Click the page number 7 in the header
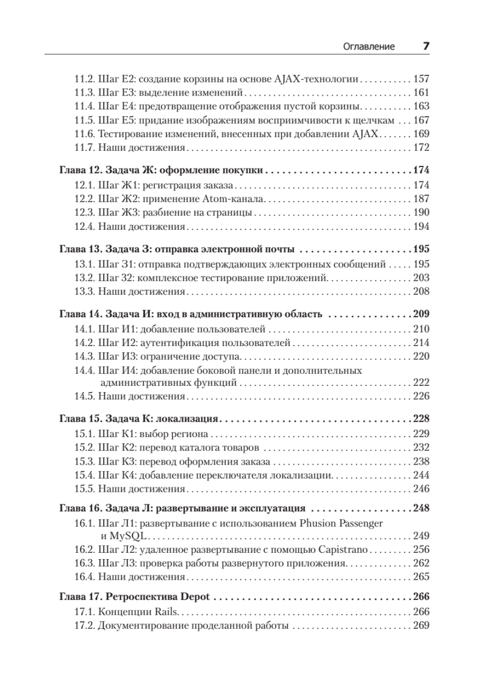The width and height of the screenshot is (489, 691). tap(426, 47)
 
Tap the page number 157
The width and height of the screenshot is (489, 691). tap(422, 79)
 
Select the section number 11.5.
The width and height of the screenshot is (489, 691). tap(85, 120)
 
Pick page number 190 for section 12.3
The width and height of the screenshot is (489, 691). tap(422, 212)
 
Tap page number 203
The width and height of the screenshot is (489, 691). tap(422, 278)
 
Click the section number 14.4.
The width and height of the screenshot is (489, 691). tap(85, 370)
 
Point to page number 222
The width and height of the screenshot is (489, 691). tap(422, 382)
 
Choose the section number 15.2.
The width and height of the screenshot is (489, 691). tap(85, 447)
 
